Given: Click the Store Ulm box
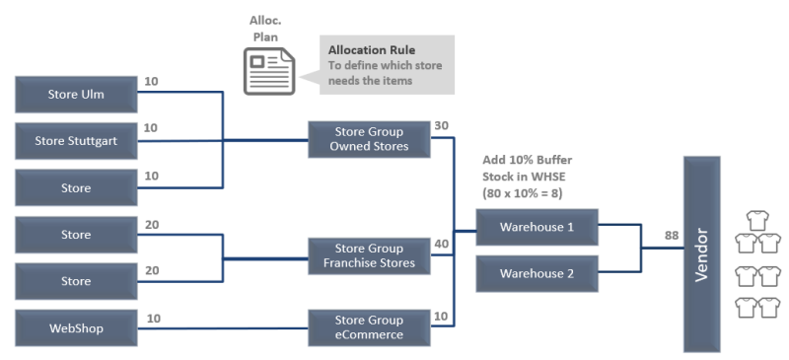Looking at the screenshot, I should coord(76,95).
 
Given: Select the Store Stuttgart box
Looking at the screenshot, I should coord(76,141).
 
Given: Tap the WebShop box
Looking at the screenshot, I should coord(76,327).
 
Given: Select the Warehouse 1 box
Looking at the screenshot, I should coord(537,227).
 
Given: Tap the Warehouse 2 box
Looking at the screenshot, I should coord(537,273).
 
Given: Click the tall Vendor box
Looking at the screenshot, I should coord(702,253).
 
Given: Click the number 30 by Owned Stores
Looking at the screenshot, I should coord(442,126).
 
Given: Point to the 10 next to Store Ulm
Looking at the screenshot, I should coord(151,81).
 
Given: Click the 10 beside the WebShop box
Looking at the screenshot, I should coord(154,319).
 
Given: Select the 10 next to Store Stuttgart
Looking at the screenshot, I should coord(151,128).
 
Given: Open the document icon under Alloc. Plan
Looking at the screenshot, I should coord(267,70).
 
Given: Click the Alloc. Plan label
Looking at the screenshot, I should coord(267,28).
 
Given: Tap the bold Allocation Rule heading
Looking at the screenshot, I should coord(372,49).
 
